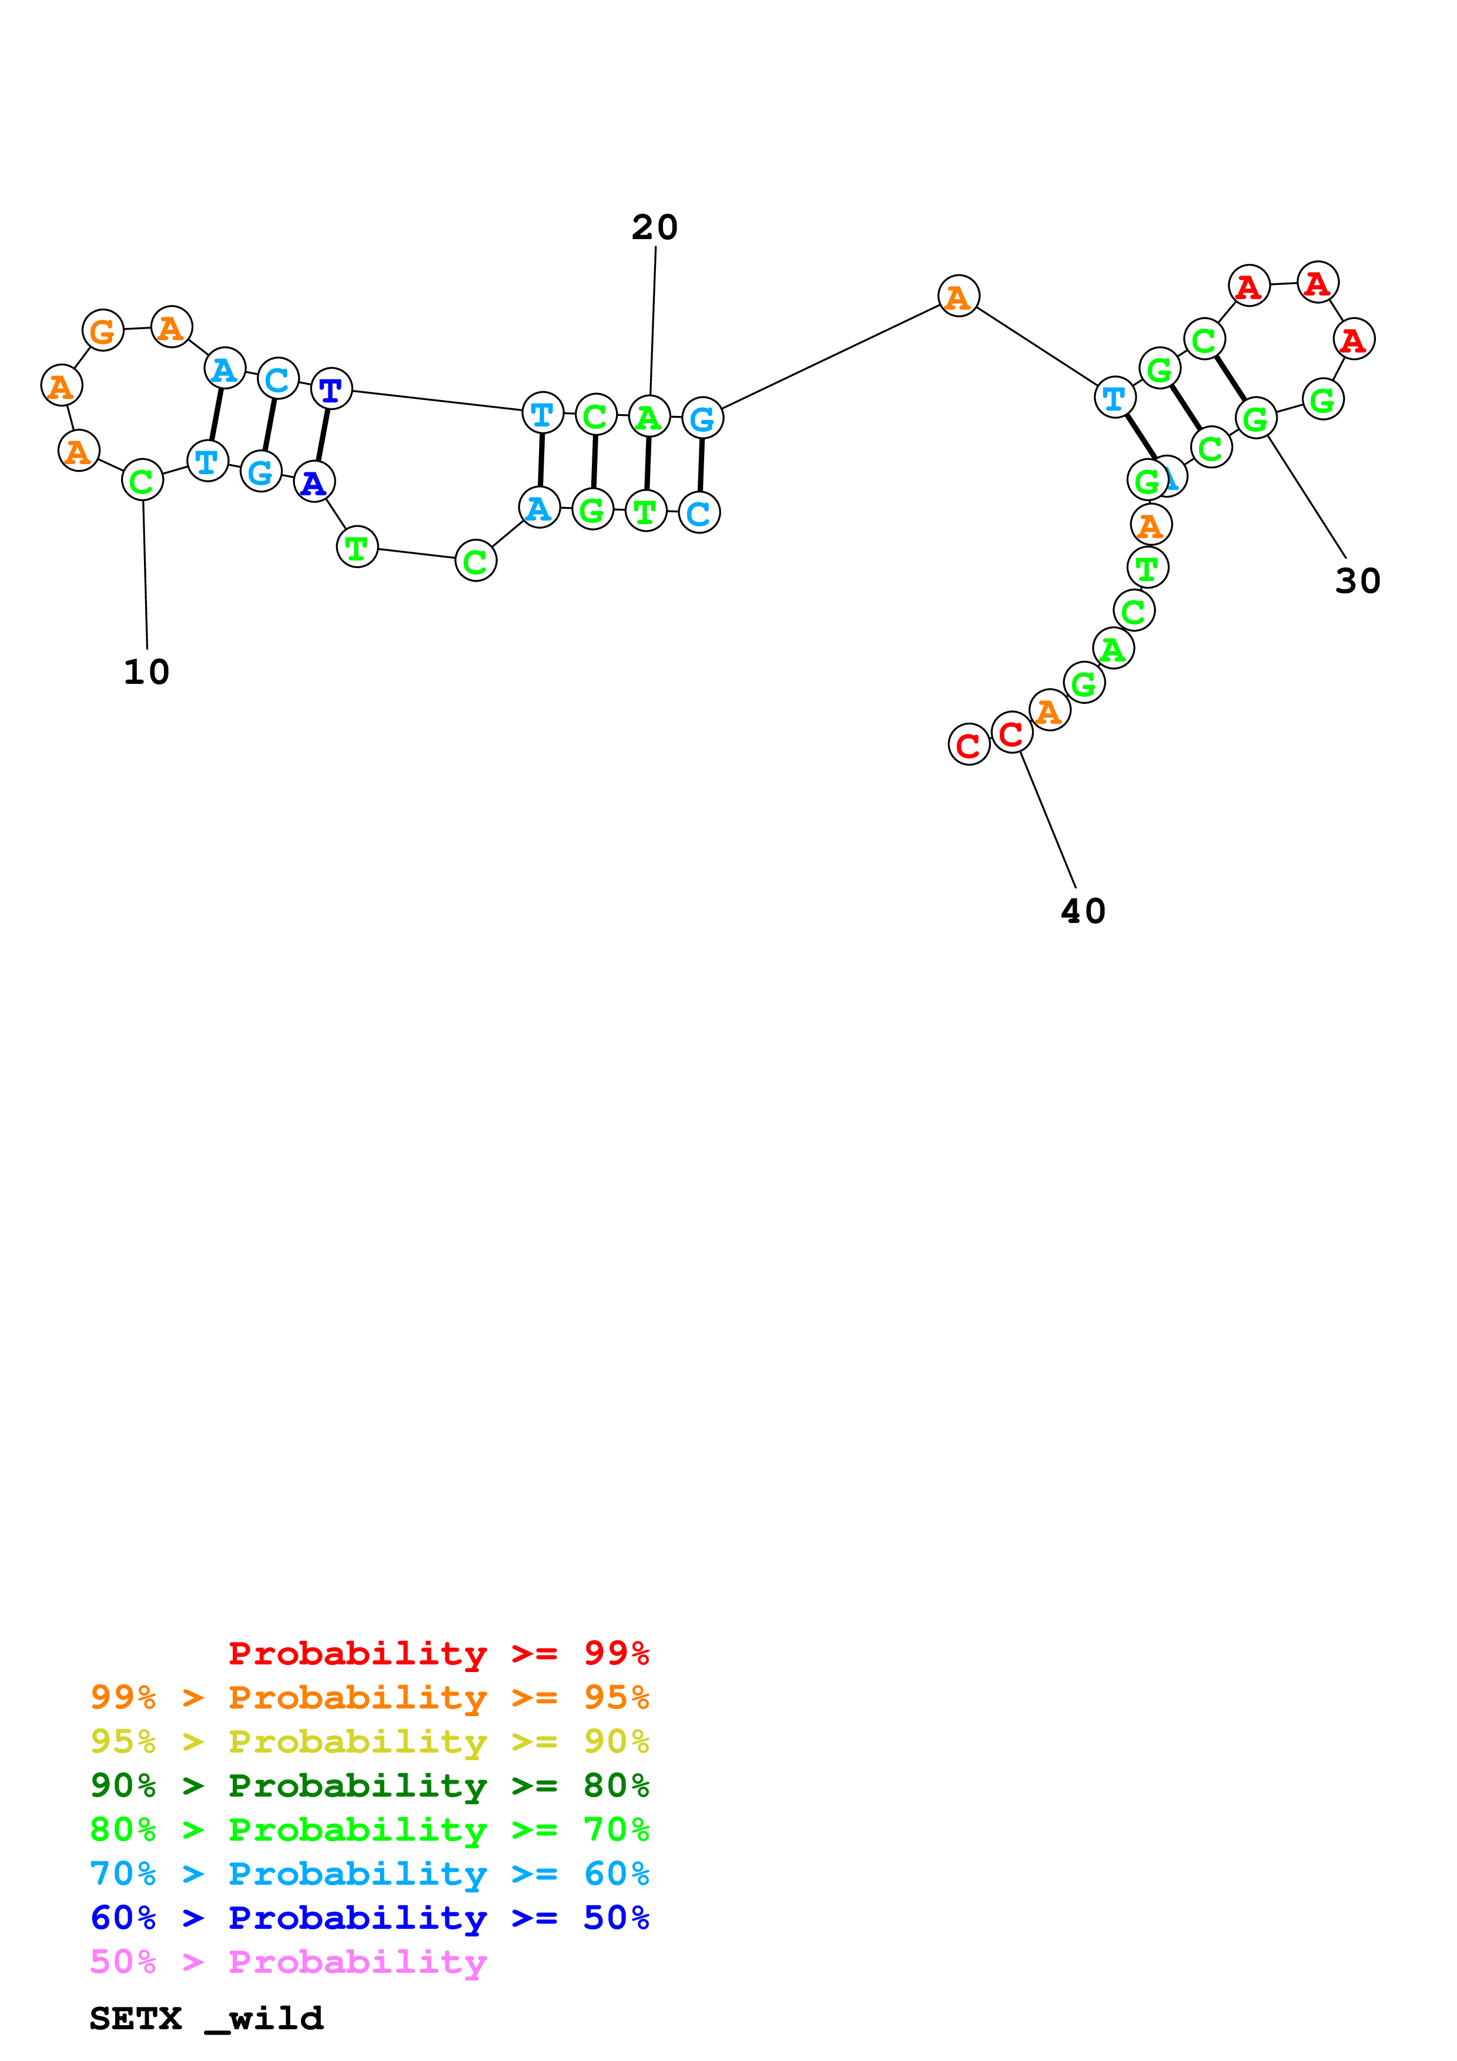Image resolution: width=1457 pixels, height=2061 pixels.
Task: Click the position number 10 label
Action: [x=146, y=672]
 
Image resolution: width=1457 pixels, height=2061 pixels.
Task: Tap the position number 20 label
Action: [x=654, y=227]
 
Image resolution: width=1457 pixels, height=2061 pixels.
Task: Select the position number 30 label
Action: [x=1356, y=581]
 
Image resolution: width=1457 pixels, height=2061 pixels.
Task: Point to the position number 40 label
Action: [x=1083, y=911]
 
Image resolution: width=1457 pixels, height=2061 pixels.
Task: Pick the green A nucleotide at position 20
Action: [x=648, y=417]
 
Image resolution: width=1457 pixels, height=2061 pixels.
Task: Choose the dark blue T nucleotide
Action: [x=331, y=390]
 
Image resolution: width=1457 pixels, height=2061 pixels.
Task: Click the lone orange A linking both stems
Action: [x=958, y=296]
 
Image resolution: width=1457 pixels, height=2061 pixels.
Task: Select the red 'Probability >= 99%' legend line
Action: [x=438, y=1653]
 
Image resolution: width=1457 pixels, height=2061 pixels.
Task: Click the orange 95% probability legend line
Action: [x=369, y=1697]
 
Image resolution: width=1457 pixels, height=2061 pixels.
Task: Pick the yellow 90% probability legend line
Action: [x=369, y=1741]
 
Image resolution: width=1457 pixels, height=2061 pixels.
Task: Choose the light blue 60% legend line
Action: [x=369, y=1874]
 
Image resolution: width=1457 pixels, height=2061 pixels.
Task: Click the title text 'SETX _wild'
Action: [x=206, y=2018]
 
